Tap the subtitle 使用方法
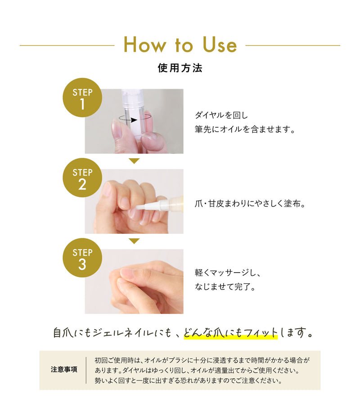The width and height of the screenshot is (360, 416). pyautogui.click(x=180, y=68)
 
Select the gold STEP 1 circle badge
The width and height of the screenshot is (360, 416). pyautogui.click(x=82, y=99)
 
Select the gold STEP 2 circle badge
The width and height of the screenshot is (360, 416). pyautogui.click(x=82, y=179)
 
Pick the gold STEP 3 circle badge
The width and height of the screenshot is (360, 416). pyautogui.click(x=82, y=259)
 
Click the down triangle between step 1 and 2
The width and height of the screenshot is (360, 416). pyautogui.click(x=134, y=161)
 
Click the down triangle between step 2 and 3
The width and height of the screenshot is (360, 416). pyautogui.click(x=134, y=241)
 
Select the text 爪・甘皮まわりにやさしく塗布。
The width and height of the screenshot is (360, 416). pyautogui.click(x=250, y=203)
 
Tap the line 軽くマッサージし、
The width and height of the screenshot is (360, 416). pyautogui.click(x=228, y=273)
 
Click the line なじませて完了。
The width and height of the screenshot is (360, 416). pyautogui.click(x=225, y=286)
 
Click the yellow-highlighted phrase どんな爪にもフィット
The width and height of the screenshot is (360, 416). pyautogui.click(x=230, y=333)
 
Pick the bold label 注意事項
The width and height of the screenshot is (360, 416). pyautogui.click(x=64, y=370)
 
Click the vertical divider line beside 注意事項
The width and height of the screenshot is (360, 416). pyautogui.click(x=86, y=370)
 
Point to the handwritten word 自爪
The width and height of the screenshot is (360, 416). pyautogui.click(x=63, y=333)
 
